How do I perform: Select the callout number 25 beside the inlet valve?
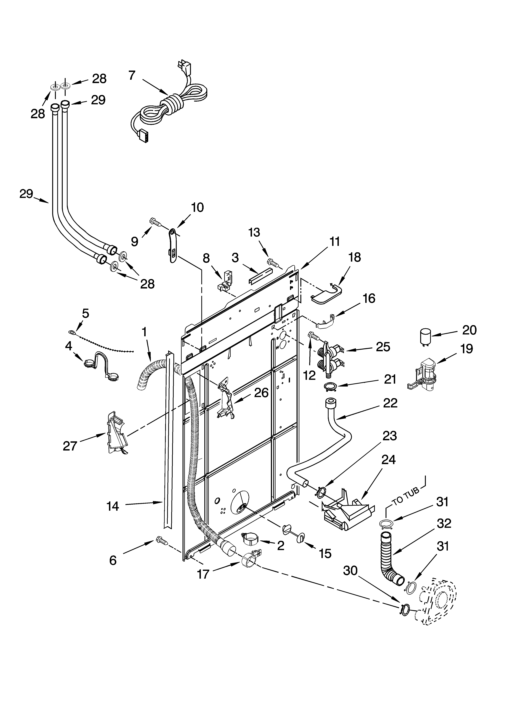[383, 347]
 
